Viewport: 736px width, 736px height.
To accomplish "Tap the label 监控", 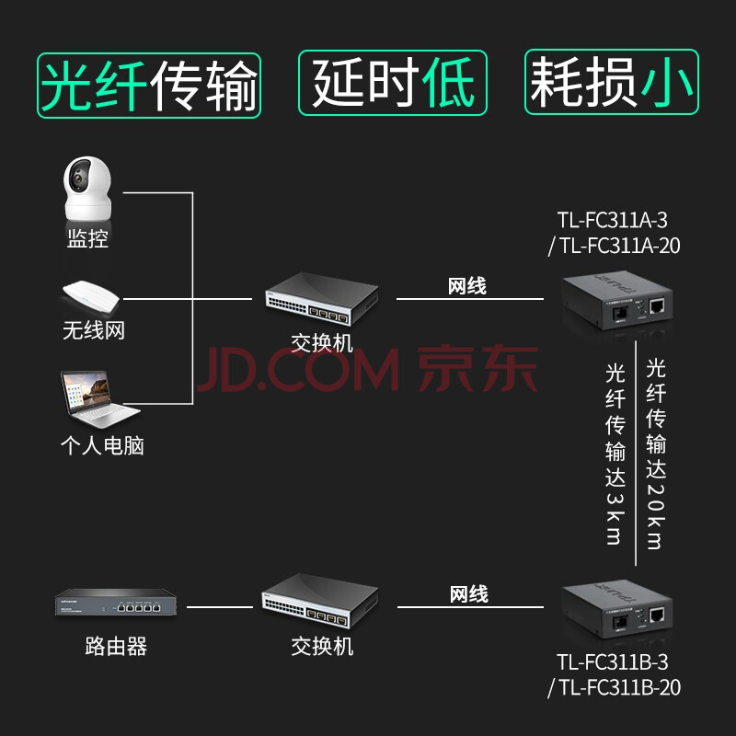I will pyautogui.click(x=87, y=240).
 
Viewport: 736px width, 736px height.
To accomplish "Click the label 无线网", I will pyautogui.click(x=93, y=330).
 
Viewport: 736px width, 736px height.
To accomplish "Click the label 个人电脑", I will pyautogui.click(x=102, y=446).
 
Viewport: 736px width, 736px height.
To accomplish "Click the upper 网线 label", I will pyautogui.click(x=467, y=286).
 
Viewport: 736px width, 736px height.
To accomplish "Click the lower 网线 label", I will pyautogui.click(x=468, y=594).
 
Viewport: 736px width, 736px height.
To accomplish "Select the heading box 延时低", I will pyautogui.click(x=393, y=85).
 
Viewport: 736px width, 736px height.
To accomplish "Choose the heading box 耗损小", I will pyautogui.click(x=611, y=85).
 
